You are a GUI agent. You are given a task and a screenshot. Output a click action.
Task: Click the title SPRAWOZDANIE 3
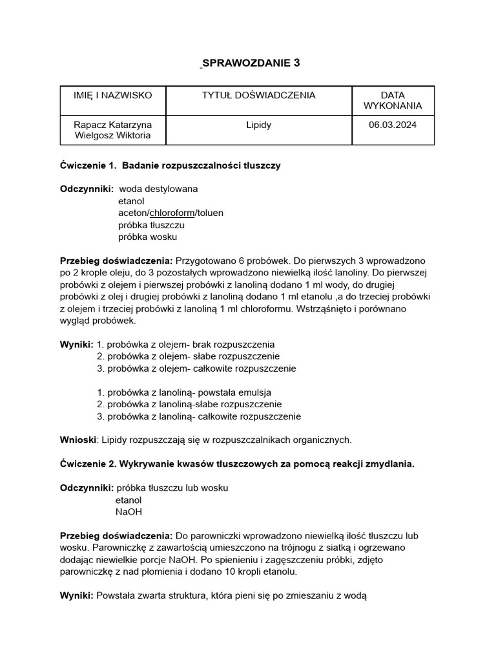point(251,63)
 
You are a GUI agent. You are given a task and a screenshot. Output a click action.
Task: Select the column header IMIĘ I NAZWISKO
point(113,95)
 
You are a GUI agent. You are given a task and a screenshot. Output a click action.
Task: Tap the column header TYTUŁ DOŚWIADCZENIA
point(258,95)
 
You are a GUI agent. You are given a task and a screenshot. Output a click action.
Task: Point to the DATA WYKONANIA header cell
point(393,100)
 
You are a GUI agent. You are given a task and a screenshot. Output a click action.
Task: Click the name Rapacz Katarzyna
point(113,124)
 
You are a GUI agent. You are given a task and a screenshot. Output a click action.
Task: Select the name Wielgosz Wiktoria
point(113,135)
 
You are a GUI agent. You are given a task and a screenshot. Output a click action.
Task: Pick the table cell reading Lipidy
point(258,124)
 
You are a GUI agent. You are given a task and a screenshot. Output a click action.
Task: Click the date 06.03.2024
point(393,124)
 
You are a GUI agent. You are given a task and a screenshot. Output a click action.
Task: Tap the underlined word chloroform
point(172,213)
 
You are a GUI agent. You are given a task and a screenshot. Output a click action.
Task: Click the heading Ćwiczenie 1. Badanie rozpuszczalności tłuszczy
point(170,165)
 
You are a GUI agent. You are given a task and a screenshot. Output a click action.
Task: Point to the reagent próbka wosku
point(147,237)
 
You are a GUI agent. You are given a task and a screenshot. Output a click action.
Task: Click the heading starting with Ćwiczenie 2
point(236,464)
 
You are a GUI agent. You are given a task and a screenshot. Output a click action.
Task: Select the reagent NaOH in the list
point(129,511)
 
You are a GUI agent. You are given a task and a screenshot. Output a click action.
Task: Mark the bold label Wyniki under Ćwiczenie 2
point(76,595)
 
